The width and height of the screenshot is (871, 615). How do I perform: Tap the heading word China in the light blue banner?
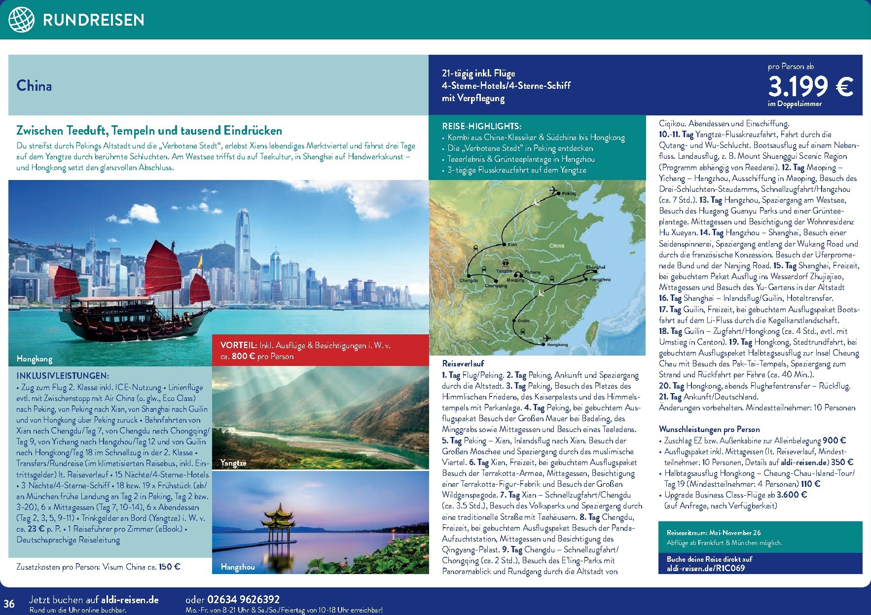coord(34,86)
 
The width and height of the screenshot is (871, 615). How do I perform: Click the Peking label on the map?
coord(569,194)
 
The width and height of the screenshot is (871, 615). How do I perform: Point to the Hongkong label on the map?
coord(557,345)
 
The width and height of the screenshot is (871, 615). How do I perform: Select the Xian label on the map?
coord(512,245)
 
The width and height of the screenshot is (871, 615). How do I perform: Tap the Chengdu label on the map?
coord(469,280)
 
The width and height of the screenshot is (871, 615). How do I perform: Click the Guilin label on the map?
coord(524,321)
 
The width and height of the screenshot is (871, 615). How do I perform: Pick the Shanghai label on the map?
coord(595,267)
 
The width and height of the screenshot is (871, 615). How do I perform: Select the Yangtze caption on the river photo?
coord(233,463)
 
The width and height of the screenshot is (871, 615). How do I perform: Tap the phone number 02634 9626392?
coord(243,600)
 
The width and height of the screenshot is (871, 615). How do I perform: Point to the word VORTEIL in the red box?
coord(238,346)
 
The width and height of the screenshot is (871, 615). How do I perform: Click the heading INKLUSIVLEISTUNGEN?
coord(63,376)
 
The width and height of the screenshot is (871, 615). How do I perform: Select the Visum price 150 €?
coord(169,567)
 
